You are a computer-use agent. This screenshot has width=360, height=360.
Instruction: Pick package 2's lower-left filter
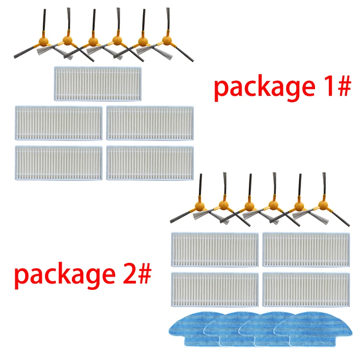215,288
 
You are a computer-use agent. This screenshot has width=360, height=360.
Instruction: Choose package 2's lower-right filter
306,288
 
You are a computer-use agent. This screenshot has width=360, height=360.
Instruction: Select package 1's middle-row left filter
58,122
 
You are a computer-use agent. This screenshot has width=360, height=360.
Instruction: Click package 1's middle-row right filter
150,122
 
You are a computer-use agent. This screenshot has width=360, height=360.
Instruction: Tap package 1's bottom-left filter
58,162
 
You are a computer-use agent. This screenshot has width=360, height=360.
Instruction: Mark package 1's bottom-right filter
150,162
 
